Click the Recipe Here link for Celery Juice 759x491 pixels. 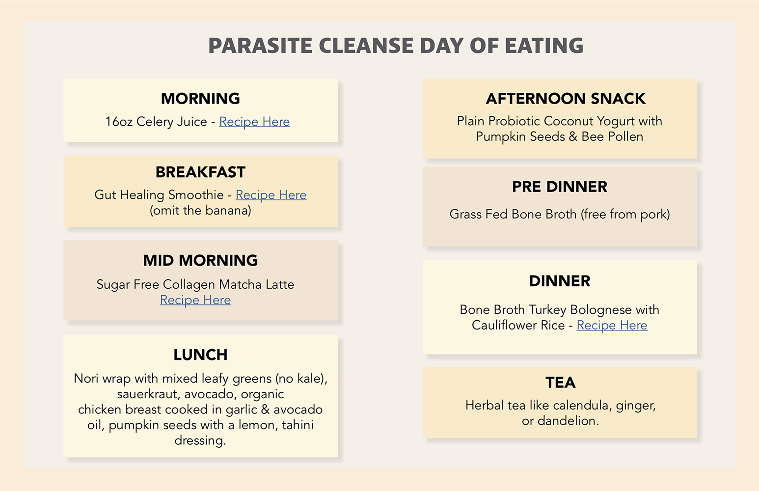click(254, 122)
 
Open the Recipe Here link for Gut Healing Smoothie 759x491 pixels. click(271, 195)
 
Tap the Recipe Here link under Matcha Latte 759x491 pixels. click(195, 300)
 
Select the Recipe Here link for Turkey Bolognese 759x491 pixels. click(612, 326)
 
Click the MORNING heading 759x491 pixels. click(201, 99)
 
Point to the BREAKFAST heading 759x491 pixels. click(201, 172)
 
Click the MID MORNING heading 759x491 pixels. click(201, 261)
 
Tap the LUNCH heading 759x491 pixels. click(201, 355)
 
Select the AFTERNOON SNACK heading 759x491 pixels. click(566, 99)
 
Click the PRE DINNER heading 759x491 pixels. click(560, 187)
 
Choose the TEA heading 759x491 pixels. click(561, 382)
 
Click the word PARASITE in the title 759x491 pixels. click(260, 46)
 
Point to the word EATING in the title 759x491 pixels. click(544, 46)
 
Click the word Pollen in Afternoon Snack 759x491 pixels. click(625, 136)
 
